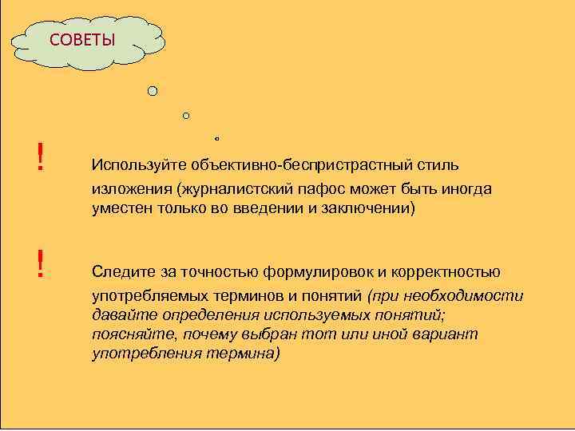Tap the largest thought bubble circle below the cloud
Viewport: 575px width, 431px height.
(x=153, y=91)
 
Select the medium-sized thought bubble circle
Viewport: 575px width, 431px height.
(x=186, y=116)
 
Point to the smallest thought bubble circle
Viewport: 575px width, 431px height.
(x=216, y=136)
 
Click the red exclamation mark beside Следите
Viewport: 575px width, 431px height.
(x=39, y=263)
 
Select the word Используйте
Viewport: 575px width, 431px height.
(x=139, y=166)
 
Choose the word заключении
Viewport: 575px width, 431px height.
(x=363, y=208)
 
